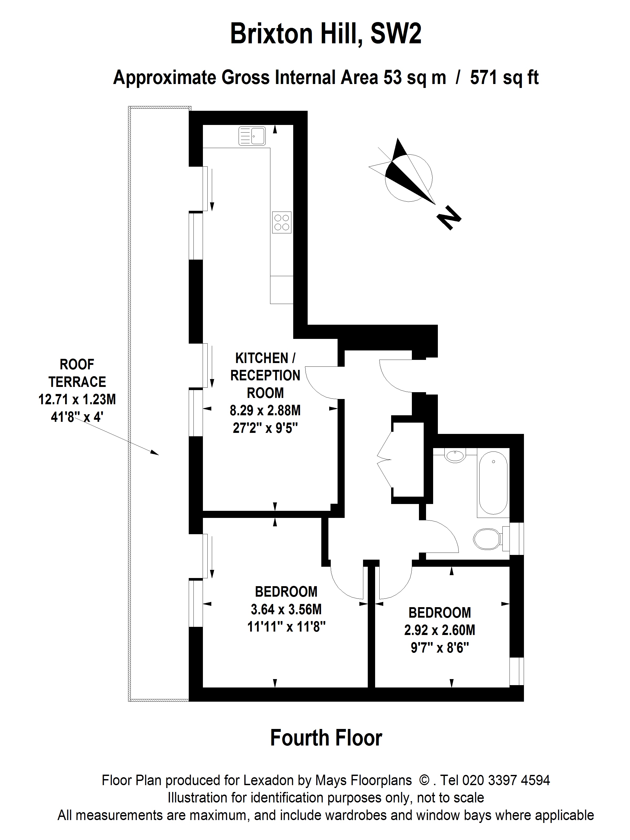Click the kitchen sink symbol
click(252, 136)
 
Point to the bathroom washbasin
click(455, 455)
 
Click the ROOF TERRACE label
click(77, 373)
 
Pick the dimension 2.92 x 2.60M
click(439, 630)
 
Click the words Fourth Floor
click(326, 738)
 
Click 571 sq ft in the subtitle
click(504, 78)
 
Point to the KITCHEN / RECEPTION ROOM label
click(265, 375)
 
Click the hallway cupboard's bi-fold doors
click(385, 459)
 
